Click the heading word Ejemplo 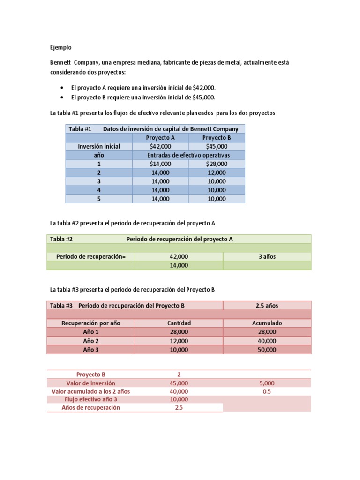click(61, 47)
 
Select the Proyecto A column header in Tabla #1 click(160, 137)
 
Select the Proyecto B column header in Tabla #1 click(217, 137)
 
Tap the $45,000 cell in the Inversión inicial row click(217, 146)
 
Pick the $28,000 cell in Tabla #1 click(217, 164)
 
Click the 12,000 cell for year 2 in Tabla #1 click(217, 172)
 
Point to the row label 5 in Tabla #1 click(99, 199)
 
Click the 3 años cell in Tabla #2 click(267, 256)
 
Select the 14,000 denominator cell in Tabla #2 click(179, 265)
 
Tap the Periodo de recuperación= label click(91, 256)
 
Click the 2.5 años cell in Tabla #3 click(267, 306)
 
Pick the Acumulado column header click(267, 323)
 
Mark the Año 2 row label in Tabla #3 click(91, 341)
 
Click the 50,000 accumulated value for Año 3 click(267, 350)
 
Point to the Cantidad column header click(179, 323)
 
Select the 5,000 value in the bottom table click(267, 383)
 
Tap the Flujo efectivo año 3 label click(91, 399)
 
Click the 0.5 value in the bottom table click(267, 391)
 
